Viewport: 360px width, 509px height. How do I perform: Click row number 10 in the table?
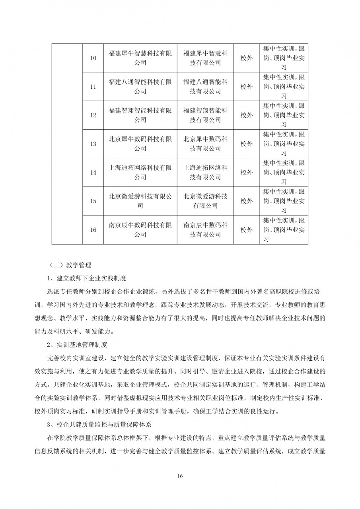(93, 58)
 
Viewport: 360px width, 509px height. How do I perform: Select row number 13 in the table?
(93, 144)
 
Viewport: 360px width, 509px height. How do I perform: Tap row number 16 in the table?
(93, 230)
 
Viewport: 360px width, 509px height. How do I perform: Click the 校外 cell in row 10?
(247, 58)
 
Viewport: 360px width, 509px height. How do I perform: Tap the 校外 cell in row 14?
(247, 173)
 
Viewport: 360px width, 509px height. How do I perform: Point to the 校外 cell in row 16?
(247, 230)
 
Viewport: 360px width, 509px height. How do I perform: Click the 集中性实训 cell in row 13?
(284, 144)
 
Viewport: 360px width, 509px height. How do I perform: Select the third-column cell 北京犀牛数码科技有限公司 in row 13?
(205, 144)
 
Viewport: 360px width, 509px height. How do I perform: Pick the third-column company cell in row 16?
(205, 230)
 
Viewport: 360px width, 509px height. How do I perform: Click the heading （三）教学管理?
(69, 264)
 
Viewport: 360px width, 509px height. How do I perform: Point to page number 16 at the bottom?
(180, 476)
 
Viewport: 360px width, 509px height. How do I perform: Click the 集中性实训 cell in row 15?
(284, 201)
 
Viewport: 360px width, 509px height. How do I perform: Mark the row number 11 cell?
(93, 87)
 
